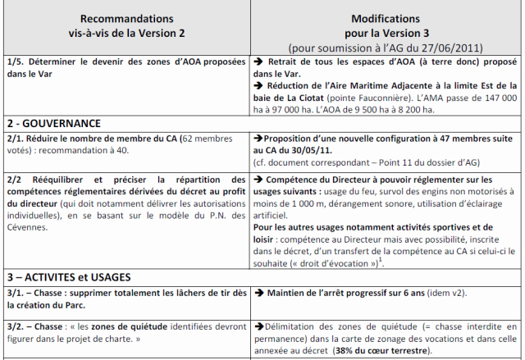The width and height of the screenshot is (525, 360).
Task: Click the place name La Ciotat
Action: [x=294, y=96]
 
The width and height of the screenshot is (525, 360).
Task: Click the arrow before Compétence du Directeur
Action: [x=258, y=177]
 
